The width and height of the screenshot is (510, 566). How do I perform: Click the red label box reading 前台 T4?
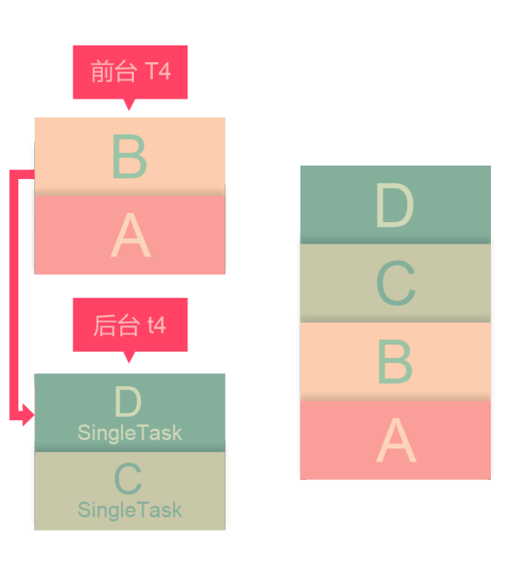130,78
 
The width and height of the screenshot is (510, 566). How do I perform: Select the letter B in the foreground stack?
130,157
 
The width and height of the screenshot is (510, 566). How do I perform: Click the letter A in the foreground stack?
131,236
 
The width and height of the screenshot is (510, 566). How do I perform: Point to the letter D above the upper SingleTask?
128,402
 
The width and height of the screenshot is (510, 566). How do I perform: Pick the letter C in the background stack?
128,478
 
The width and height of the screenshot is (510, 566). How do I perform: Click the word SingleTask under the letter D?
130,433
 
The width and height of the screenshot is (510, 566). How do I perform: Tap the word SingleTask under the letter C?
130,509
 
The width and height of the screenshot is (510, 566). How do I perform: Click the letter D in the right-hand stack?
394,206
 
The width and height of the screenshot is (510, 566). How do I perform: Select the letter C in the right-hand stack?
395,283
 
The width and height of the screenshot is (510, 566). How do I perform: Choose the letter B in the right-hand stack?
395,362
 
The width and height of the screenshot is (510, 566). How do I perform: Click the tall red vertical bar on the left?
20,295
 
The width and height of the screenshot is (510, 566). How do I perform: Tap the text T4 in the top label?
158,72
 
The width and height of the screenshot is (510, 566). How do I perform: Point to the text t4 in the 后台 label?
156,325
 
